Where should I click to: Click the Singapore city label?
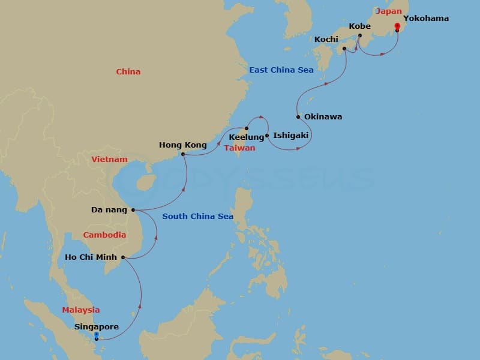(x=97, y=327)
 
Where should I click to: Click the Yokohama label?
(x=425, y=19)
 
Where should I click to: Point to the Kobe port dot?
(x=360, y=36)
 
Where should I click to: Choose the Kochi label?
(x=326, y=40)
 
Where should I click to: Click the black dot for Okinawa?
(x=298, y=117)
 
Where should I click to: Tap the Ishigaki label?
(x=290, y=136)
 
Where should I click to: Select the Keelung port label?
(x=247, y=137)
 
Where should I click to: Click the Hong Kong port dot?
(x=182, y=154)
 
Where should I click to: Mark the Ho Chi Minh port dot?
(x=123, y=258)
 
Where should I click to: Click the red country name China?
(x=128, y=72)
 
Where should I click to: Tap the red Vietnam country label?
(x=109, y=160)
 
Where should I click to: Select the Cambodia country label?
(x=104, y=235)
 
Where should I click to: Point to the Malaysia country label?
(x=81, y=310)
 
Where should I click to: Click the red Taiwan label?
(x=240, y=148)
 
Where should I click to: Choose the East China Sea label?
(x=281, y=70)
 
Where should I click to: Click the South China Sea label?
(x=197, y=217)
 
